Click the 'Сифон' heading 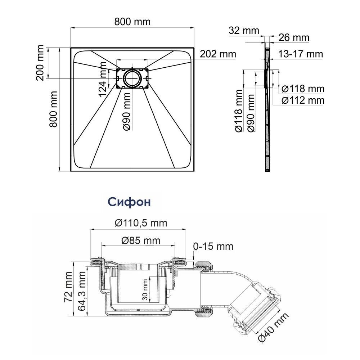coord(129,202)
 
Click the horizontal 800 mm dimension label coord(132,22)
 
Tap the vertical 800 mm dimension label coord(53,109)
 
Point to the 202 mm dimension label coord(218,54)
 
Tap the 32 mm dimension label coord(244,31)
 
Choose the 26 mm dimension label coord(294,38)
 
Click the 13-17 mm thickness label coord(301,54)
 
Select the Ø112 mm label coord(303,100)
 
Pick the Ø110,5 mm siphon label coord(141,223)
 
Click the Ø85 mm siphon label coord(141,240)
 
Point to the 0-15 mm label coord(213,246)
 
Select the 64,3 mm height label coord(81,291)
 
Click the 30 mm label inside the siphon coord(145,290)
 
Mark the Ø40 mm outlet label coord(273,328)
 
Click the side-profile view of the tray coord(267,110)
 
